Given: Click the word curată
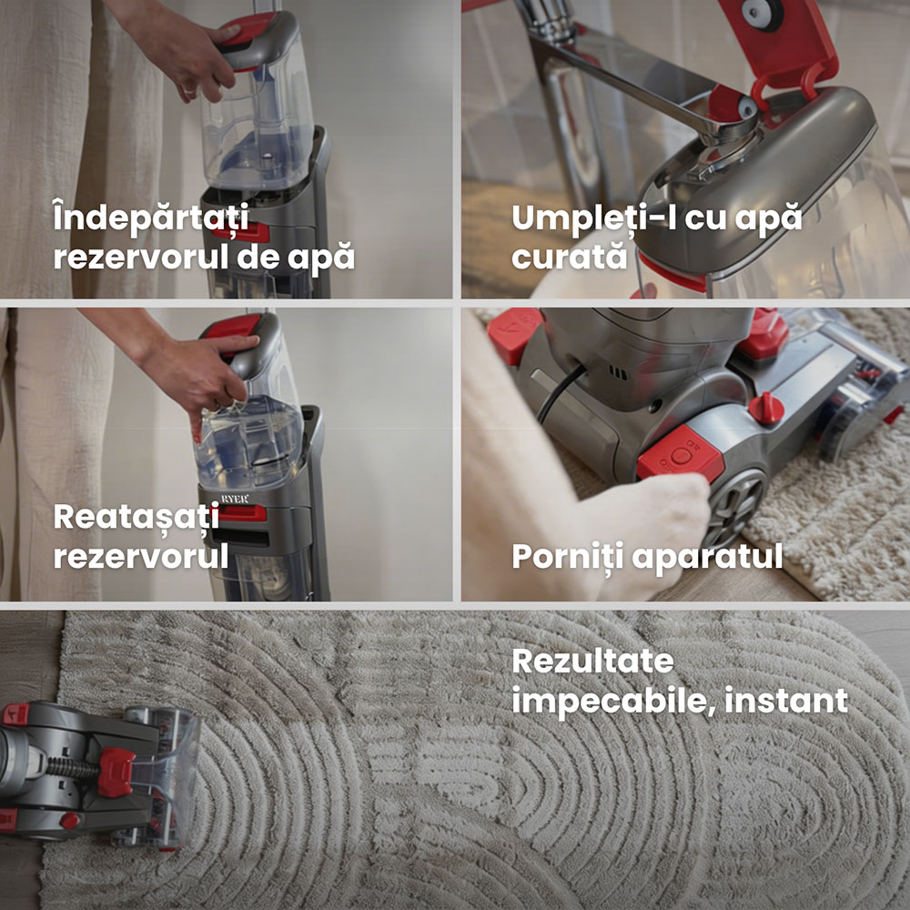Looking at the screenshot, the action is point(570,256).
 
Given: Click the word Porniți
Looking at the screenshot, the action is point(567,557).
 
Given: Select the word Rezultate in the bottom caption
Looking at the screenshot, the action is point(592,662).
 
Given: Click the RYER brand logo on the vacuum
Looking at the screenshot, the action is point(235,499).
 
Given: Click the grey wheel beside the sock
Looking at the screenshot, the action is point(736,502).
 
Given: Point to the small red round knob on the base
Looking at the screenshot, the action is point(765,408).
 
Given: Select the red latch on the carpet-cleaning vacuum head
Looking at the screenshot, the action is point(116,772).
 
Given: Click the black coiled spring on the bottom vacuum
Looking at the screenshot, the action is point(73,768).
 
